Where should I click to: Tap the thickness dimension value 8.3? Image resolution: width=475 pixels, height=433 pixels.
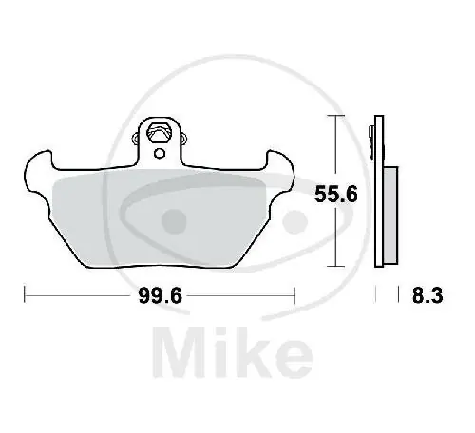(424, 296)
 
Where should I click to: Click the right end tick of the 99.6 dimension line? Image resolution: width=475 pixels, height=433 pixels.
(296, 296)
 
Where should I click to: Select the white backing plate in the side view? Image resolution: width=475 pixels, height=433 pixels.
(379, 199)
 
